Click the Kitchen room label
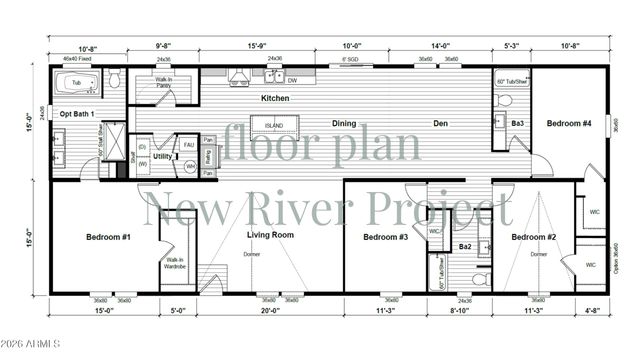(x=275, y=98)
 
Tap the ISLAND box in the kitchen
(x=274, y=126)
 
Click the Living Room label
(x=270, y=235)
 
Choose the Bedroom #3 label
(x=385, y=237)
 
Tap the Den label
(x=440, y=123)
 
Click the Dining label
(x=344, y=123)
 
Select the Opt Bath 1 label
(x=77, y=114)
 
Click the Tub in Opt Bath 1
(x=75, y=83)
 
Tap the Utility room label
(x=162, y=156)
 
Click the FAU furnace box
(x=188, y=145)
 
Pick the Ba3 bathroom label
(x=518, y=123)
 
